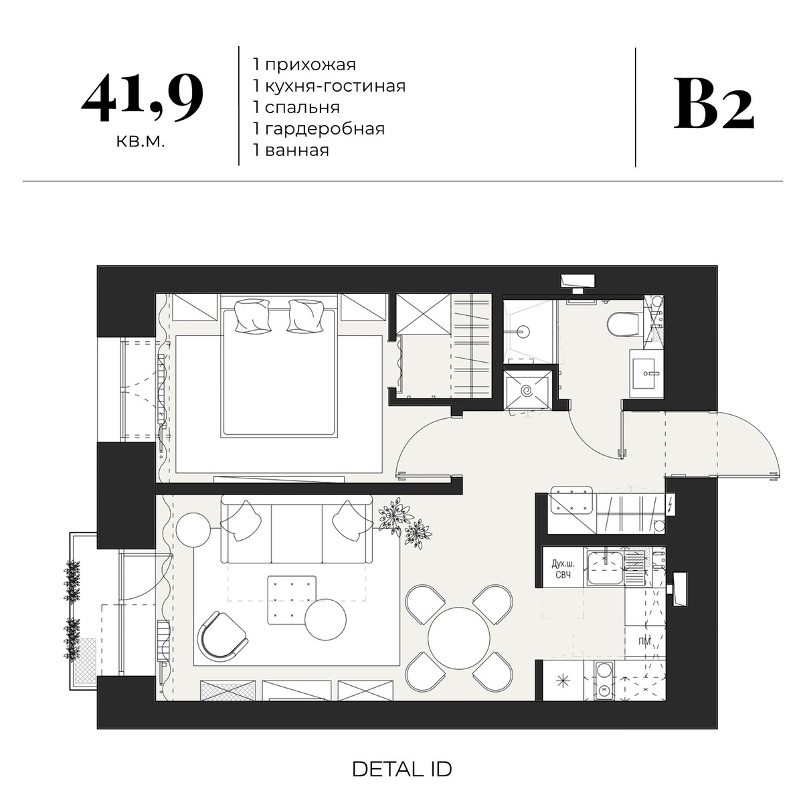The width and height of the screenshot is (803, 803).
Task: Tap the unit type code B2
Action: click(x=714, y=103)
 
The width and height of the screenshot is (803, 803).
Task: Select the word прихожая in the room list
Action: click(x=310, y=65)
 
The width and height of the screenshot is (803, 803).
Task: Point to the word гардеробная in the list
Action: click(x=325, y=128)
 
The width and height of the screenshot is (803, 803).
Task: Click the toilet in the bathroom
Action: click(x=623, y=324)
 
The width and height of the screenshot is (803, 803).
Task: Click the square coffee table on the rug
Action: click(x=291, y=600)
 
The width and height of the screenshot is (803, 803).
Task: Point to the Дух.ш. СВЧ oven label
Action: click(x=563, y=569)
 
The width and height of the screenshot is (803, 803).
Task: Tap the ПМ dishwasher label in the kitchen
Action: click(x=644, y=642)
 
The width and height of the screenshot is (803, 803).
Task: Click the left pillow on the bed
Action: click(x=252, y=315)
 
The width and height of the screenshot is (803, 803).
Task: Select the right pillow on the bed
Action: click(x=305, y=315)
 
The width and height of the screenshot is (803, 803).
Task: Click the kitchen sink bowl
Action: click(x=605, y=568)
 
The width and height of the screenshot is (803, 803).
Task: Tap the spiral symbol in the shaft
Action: click(x=527, y=391)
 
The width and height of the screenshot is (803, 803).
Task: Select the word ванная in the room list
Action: click(x=296, y=150)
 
